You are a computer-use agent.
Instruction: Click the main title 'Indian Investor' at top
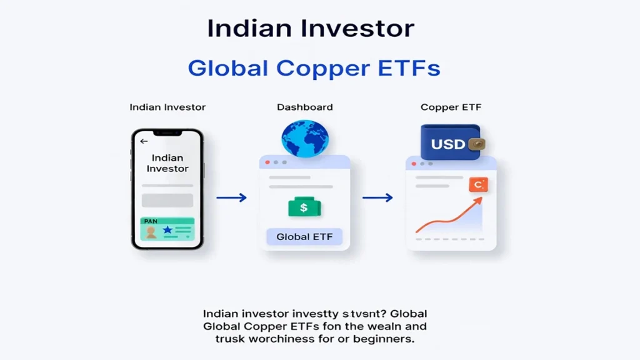pyautogui.click(x=311, y=29)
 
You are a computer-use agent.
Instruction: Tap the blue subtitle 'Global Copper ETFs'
pyautogui.click(x=314, y=68)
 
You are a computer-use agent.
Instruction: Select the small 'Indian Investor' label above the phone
pyautogui.click(x=167, y=107)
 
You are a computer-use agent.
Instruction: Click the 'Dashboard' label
pyautogui.click(x=304, y=107)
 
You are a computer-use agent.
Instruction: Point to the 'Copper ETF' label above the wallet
pyautogui.click(x=451, y=107)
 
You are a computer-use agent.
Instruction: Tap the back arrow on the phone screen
pyautogui.click(x=144, y=141)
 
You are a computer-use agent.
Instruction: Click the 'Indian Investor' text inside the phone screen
pyautogui.click(x=167, y=164)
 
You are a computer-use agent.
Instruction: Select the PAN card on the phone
pyautogui.click(x=167, y=229)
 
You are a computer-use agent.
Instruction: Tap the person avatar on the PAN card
pyautogui.click(x=151, y=232)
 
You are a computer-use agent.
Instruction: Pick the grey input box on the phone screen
pyautogui.click(x=167, y=200)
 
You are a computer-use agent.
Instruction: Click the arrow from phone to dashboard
pyautogui.click(x=231, y=198)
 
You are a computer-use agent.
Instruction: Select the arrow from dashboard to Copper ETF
pyautogui.click(x=377, y=198)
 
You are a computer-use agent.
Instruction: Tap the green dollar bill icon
pyautogui.click(x=304, y=207)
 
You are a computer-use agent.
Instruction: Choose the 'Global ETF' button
pyautogui.click(x=304, y=237)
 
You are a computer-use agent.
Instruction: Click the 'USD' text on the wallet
pyautogui.click(x=448, y=144)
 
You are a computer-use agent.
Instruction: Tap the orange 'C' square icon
pyautogui.click(x=478, y=184)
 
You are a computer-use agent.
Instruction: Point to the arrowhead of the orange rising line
pyautogui.click(x=479, y=200)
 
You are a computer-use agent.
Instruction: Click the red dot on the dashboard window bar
pyautogui.click(x=268, y=162)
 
